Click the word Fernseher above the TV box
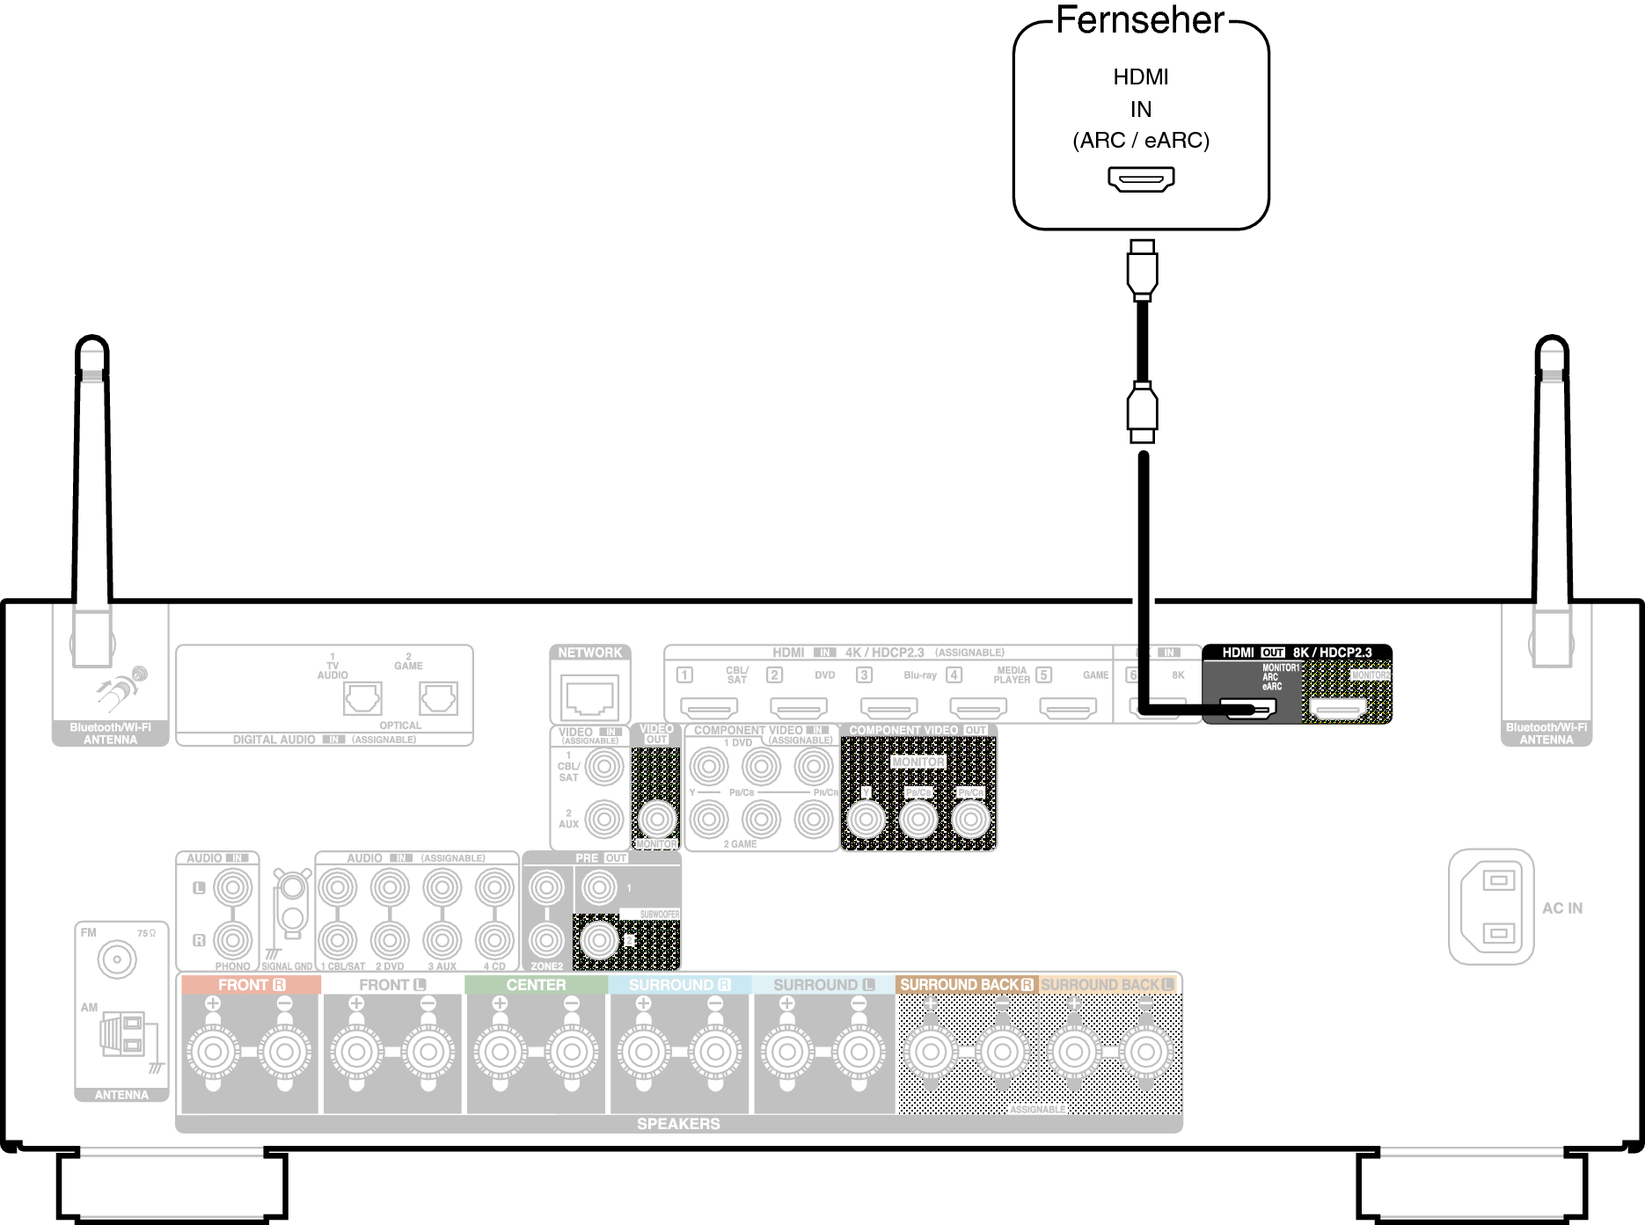1139,21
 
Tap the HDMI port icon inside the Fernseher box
1141,179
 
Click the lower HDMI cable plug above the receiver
1142,412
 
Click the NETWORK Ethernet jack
590,697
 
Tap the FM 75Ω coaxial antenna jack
117,959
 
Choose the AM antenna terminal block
124,1034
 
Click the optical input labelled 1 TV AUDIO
362,699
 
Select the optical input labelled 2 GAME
438,699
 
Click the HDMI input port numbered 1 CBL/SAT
709,707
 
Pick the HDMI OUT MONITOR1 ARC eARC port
1247,707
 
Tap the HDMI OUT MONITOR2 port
1337,707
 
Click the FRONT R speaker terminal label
251,985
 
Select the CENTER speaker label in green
536,985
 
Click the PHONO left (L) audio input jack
232,888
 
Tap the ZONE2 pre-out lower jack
546,941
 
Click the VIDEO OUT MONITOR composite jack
656,820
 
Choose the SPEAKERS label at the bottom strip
678,1124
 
